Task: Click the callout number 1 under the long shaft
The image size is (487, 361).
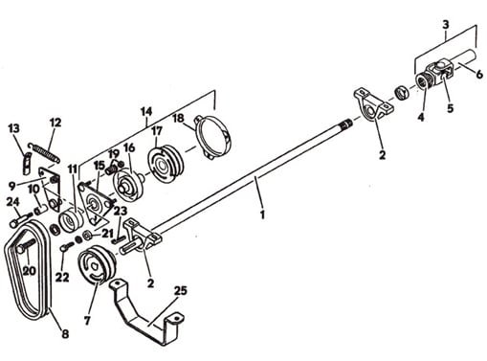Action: click(262, 214)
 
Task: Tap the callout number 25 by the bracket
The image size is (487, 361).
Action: click(181, 291)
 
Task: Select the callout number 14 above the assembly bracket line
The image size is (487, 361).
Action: click(146, 112)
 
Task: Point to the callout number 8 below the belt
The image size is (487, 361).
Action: click(65, 334)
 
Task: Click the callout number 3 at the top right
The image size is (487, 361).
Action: click(446, 25)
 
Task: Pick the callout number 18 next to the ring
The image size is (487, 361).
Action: click(178, 119)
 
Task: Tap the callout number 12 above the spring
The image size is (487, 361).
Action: click(55, 123)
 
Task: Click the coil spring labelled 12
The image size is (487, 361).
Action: click(43, 152)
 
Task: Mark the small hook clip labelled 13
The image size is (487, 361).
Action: click(27, 164)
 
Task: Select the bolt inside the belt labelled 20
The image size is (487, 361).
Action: click(26, 245)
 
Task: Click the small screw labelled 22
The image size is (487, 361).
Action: click(66, 246)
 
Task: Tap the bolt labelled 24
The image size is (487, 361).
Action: click(21, 220)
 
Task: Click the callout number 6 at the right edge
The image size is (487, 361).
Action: click(479, 75)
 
